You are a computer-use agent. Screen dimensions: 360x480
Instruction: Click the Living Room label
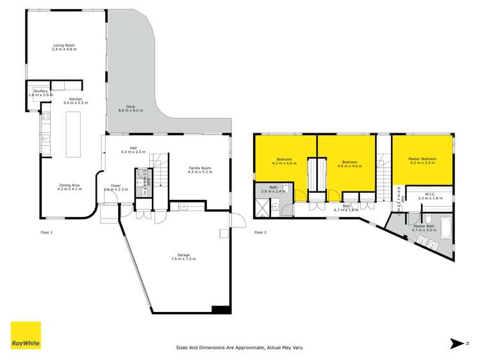(64, 47)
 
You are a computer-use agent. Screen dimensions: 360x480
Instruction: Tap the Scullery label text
(42, 93)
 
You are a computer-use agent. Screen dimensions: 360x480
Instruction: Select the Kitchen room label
(76, 101)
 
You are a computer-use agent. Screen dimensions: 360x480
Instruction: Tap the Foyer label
(116, 187)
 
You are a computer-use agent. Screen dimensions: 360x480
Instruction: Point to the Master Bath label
(424, 227)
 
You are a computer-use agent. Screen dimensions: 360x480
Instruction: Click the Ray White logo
(26, 335)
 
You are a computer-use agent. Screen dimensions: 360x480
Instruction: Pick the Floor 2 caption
(261, 232)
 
